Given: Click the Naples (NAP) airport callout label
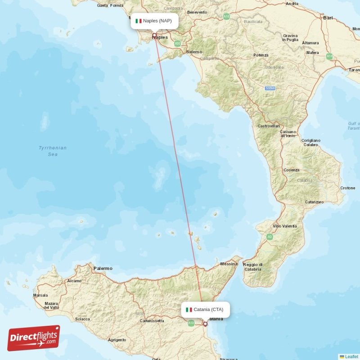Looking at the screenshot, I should point(154,21).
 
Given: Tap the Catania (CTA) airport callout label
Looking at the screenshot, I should point(205,310).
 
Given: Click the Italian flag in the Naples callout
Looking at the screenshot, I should point(139,21).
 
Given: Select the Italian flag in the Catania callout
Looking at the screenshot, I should point(189,310).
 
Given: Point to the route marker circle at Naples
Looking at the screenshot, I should point(154,35).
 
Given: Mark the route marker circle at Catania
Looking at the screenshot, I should point(205,324).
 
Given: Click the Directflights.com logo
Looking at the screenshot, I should point(34,338).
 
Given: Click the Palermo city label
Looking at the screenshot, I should point(103,268).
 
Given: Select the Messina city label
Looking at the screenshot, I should point(229,264).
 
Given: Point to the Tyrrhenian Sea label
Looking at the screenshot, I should point(53,151).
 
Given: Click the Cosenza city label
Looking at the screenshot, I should point(292,170).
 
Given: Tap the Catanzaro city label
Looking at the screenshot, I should point(314,202).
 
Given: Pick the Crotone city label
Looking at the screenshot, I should point(348,188).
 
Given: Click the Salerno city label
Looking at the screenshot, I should point(194,52).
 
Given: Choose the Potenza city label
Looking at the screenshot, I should point(261,55).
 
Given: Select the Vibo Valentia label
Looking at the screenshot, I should point(285,226).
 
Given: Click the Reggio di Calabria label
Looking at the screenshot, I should point(252,267).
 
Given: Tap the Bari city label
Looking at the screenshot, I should point(328,18).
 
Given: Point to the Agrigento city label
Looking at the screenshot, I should point(117,340).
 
